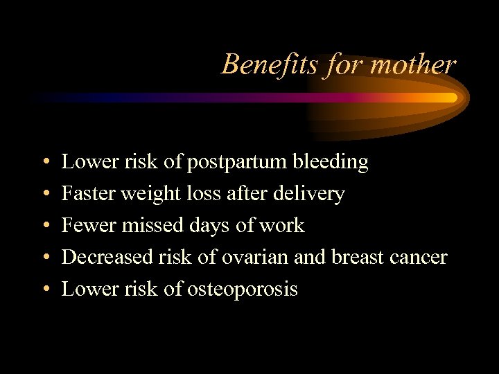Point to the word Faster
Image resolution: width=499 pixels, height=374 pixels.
pos(88,194)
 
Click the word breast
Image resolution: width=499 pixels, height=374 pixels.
pos(359,257)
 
